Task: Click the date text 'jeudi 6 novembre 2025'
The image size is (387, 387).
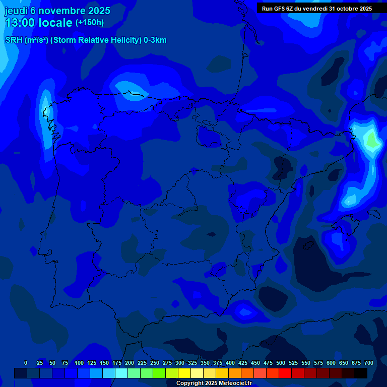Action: point(57,11)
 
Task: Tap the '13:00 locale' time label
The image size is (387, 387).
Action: point(39,23)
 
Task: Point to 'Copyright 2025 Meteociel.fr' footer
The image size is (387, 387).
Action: point(214,383)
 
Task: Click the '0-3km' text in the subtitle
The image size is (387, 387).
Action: point(155,40)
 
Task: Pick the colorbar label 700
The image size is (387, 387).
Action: point(368,363)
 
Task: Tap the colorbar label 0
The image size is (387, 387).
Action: point(26,363)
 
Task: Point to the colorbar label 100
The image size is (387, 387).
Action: point(79,363)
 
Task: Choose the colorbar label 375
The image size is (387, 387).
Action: point(217,363)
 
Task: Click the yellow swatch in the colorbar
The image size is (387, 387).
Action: point(184,373)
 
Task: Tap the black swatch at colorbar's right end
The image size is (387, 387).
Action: point(361,373)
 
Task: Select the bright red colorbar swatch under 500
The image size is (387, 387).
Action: point(285,373)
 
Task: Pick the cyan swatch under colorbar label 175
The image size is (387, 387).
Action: point(121,373)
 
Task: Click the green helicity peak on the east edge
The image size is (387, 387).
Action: point(372,140)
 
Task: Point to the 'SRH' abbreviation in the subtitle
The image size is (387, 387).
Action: point(14,40)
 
